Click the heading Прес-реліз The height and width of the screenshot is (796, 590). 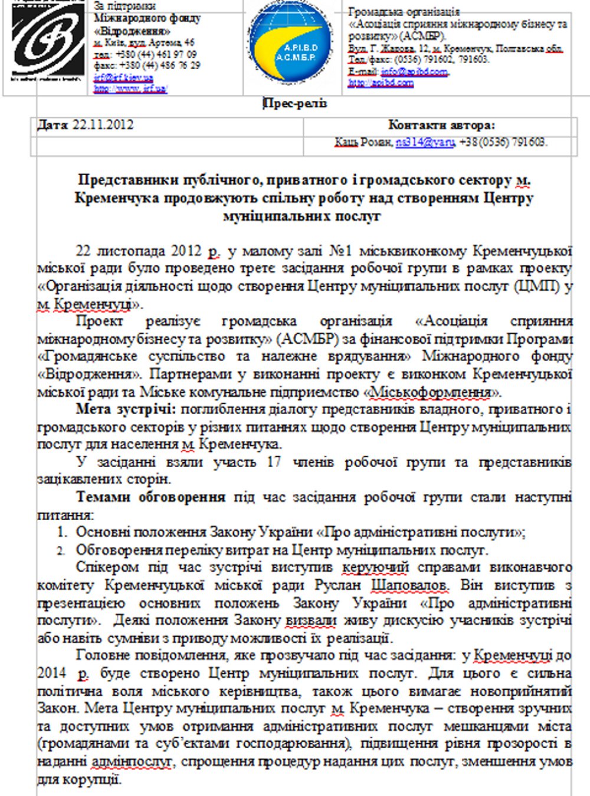click(294, 104)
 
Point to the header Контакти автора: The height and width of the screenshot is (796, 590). click(441, 125)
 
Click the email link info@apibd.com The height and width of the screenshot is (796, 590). click(414, 71)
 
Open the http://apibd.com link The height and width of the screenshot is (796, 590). click(381, 83)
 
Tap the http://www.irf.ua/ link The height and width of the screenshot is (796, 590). click(130, 88)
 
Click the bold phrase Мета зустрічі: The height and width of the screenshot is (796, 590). click(126, 409)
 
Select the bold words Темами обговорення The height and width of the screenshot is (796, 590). click(151, 497)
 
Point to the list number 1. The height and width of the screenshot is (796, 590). click(62, 532)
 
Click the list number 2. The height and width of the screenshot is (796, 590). click(61, 550)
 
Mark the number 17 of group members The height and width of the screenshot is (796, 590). click(274, 462)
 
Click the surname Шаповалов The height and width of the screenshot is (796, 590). click(409, 585)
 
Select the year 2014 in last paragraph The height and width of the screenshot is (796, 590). click(52, 673)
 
